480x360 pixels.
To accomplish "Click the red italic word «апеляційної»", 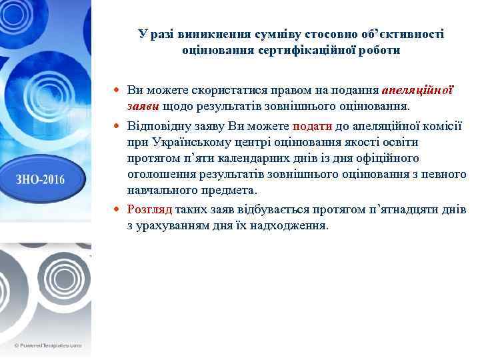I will (418, 90).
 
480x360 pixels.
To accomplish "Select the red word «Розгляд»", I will (149, 209).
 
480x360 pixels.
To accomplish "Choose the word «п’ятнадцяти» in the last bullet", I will (397, 209).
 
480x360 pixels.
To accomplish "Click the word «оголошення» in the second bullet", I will (159, 174).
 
